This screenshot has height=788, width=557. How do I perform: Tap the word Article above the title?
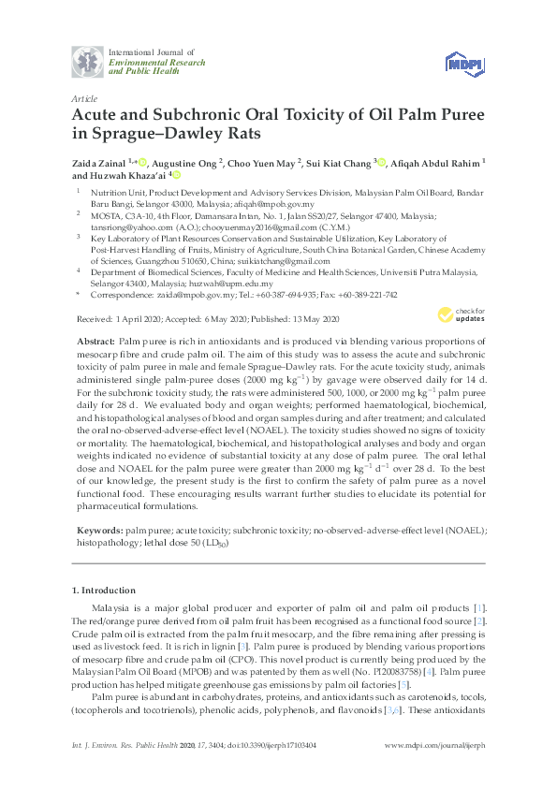click(82, 97)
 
